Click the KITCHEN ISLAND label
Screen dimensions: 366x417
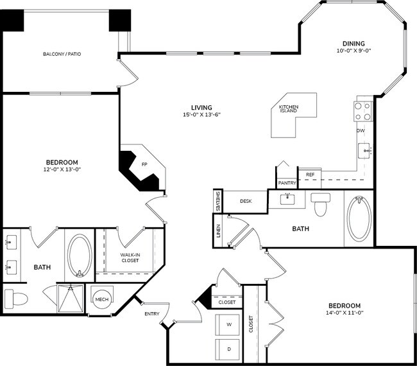coord(289,110)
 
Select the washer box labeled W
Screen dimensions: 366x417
coord(229,325)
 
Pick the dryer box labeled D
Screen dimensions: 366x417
coord(229,349)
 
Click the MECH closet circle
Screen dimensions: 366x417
coord(101,300)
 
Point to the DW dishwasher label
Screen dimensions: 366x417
coord(361,131)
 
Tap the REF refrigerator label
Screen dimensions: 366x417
coord(310,174)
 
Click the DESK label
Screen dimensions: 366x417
coord(246,201)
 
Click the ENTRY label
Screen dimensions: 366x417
coord(152,313)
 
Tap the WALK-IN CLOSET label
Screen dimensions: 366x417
coord(130,258)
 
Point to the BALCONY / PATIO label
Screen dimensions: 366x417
coord(62,54)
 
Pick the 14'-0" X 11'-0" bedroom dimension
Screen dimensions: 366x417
coord(345,313)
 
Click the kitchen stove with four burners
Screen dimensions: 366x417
coord(364,110)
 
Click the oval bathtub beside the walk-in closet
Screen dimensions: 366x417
coord(80,255)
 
